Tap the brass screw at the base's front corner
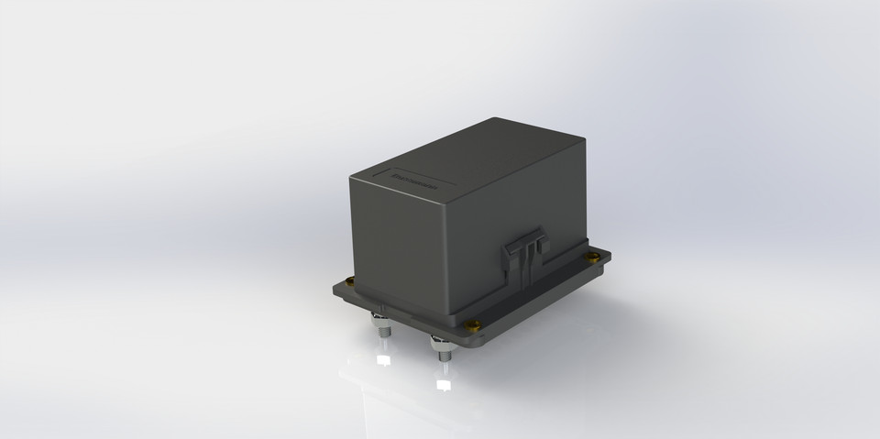click(473, 323)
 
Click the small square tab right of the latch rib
click(540, 246)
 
